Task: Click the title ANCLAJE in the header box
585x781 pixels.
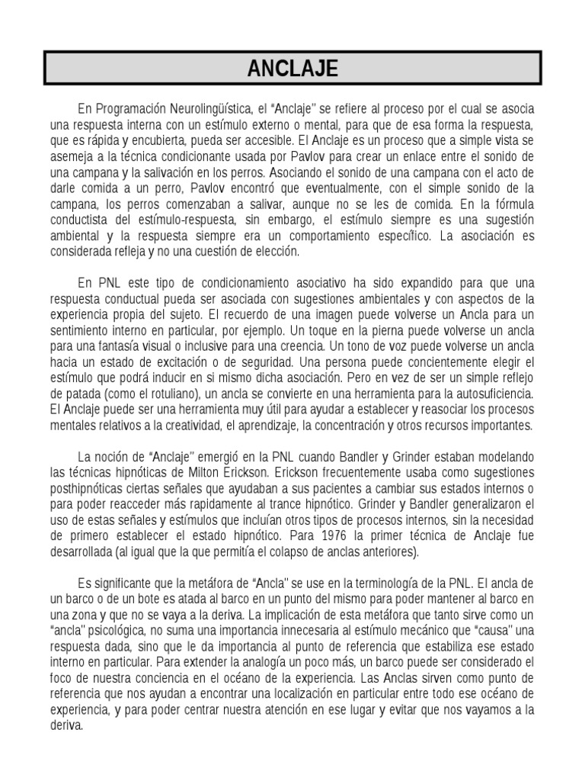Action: tap(292, 69)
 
